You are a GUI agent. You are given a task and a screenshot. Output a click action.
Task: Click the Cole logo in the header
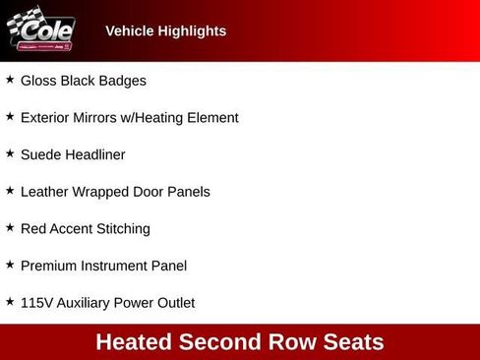coord(41,30)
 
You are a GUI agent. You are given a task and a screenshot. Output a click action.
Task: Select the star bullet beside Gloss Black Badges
coord(10,80)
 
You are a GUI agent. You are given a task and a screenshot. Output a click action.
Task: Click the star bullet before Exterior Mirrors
coord(10,117)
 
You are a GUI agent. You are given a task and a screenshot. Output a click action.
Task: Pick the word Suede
coord(41,154)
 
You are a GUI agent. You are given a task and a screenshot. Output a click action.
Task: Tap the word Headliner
coord(96,154)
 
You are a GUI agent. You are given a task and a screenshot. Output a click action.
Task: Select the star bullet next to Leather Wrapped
coord(10,191)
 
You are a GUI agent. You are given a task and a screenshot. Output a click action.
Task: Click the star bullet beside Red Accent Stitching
coord(10,228)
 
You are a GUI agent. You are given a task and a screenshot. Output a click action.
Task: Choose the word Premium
coord(49,266)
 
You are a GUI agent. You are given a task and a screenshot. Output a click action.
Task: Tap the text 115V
coord(37,303)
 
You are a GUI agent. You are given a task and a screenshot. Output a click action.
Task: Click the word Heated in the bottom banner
coord(133,342)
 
